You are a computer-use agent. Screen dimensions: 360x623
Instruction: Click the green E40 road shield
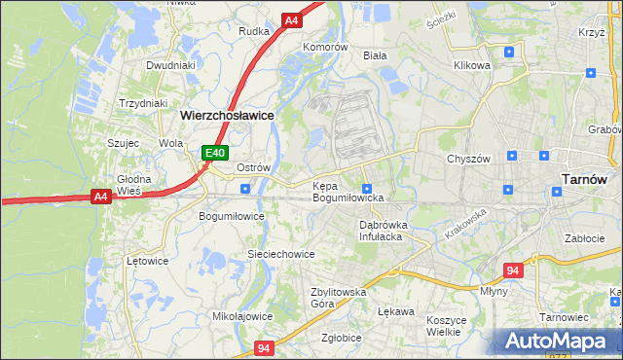coord(215,153)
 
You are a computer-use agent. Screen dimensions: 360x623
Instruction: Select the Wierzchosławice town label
coord(227,115)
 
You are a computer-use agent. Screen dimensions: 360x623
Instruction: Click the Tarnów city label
coord(586,178)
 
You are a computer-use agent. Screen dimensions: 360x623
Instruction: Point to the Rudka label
coord(254,31)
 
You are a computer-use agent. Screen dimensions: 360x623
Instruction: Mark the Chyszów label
coord(467,159)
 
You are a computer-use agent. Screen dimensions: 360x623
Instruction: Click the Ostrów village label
coord(252,167)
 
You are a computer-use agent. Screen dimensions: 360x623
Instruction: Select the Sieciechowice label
coord(280,254)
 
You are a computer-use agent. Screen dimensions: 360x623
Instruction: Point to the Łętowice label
coord(148,261)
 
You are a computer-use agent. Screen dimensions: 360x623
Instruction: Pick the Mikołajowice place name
coord(242,316)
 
